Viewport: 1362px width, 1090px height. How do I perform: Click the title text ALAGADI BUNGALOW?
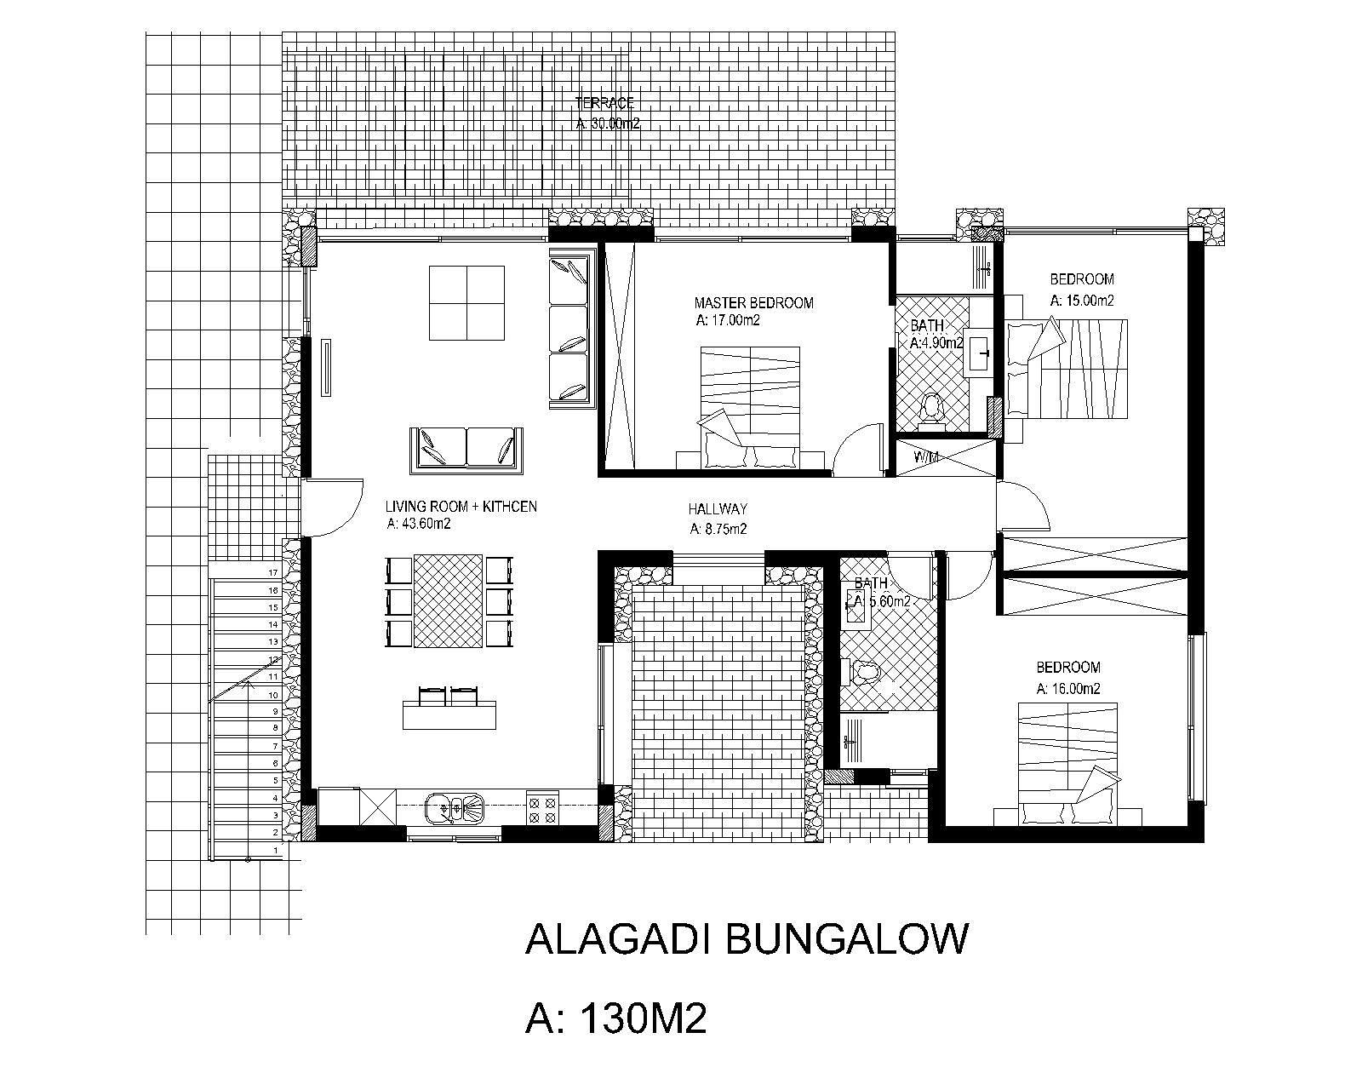tap(747, 939)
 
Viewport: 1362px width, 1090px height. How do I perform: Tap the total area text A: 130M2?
tap(616, 1018)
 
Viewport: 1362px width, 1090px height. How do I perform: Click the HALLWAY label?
tap(718, 509)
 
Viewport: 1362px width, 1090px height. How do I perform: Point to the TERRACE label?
tap(604, 104)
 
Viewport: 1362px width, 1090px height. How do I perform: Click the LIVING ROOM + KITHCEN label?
tap(461, 507)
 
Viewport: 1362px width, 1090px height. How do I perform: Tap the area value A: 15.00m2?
tap(1082, 301)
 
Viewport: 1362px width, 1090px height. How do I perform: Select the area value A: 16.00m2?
tap(1068, 689)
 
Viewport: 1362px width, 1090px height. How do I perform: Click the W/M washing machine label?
tap(926, 457)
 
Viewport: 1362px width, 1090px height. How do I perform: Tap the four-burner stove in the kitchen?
tap(542, 807)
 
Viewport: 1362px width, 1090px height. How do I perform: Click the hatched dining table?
tap(448, 600)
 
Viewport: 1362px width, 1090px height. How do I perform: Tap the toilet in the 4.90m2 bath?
tap(933, 409)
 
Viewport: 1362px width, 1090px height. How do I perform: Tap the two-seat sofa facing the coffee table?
tap(466, 449)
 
